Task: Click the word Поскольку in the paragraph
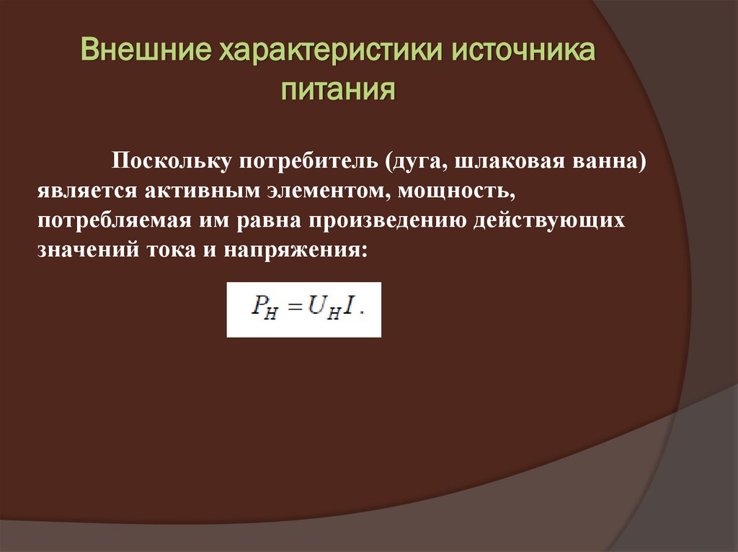click(x=169, y=160)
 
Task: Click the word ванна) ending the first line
click(x=610, y=160)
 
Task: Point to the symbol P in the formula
click(x=258, y=308)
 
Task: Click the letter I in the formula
click(x=348, y=308)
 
